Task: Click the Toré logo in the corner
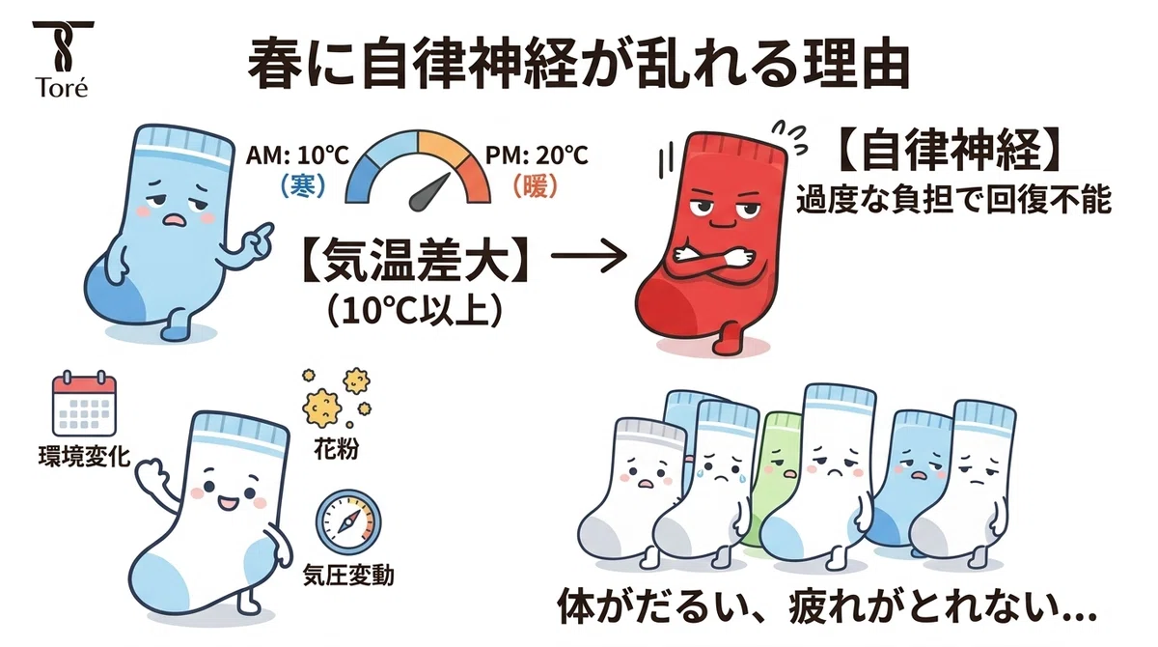pyautogui.click(x=63, y=59)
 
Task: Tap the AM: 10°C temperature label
pyautogui.click(x=297, y=155)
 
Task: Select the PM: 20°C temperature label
pyautogui.click(x=537, y=155)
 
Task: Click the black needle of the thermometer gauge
pyautogui.click(x=430, y=192)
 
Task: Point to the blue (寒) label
pyautogui.click(x=303, y=185)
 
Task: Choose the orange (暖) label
pyautogui.click(x=536, y=185)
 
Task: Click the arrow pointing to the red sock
pyautogui.click(x=589, y=255)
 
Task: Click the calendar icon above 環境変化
pyautogui.click(x=84, y=404)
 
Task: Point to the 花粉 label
pyautogui.click(x=336, y=449)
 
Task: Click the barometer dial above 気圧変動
pyautogui.click(x=348, y=520)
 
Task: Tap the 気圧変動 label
pyautogui.click(x=348, y=576)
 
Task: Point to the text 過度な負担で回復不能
pyautogui.click(x=952, y=201)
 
